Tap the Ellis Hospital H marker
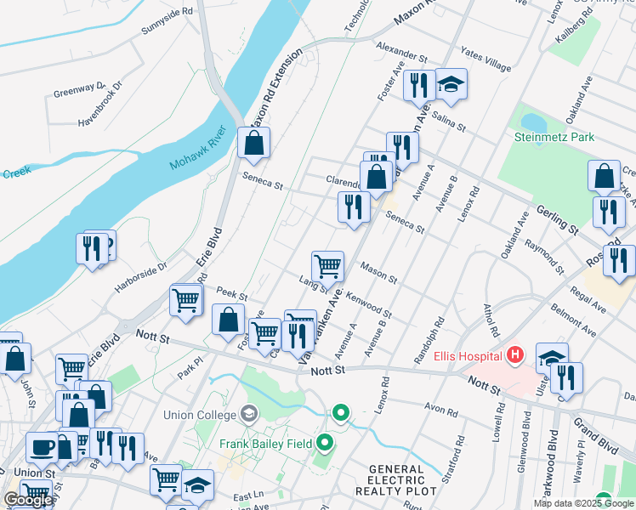click(514, 354)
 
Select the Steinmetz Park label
click(554, 137)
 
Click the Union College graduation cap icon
click(249, 415)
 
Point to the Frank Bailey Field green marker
click(325, 443)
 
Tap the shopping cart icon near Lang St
click(327, 267)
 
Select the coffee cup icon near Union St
click(42, 447)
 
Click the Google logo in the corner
click(28, 500)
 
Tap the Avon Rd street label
click(441, 411)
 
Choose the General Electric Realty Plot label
click(401, 480)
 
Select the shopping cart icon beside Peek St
click(186, 300)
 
